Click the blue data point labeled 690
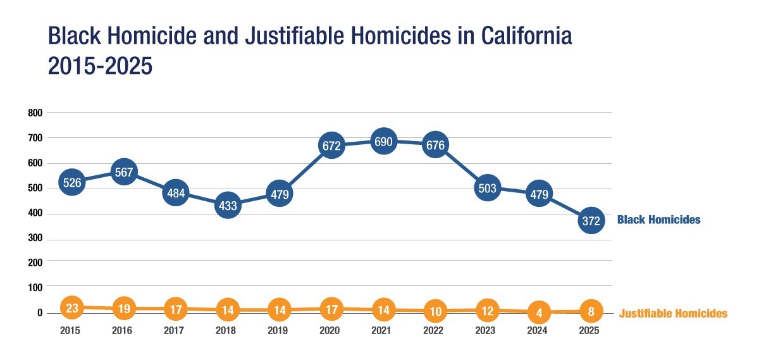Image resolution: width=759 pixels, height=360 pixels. point(383,141)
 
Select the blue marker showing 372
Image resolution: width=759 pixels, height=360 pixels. point(591,221)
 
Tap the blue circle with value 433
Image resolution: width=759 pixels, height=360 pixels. point(228,205)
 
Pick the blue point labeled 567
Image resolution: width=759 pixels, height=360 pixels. point(124,172)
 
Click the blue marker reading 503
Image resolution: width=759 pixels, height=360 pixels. point(487,188)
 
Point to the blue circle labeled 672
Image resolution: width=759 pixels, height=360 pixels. point(331,146)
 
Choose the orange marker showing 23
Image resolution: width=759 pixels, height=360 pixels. point(72,307)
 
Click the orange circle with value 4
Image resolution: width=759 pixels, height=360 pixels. point(539,312)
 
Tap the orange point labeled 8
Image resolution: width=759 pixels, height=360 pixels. point(591,311)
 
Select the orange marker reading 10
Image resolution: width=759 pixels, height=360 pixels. point(435,311)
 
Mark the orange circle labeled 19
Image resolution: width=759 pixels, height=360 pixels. point(124,309)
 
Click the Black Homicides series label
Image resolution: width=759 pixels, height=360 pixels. point(658,220)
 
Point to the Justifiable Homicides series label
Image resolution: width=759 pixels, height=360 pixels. point(673,313)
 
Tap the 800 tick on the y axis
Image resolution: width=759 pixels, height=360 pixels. point(35,113)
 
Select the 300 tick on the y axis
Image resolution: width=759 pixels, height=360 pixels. point(35,238)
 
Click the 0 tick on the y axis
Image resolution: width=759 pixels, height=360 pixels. point(40,313)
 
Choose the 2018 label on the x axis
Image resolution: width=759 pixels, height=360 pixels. point(226,330)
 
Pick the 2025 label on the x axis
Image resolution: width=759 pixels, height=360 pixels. point(589,330)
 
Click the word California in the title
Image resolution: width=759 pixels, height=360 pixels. point(526,35)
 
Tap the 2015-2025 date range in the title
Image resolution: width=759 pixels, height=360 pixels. point(101,66)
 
